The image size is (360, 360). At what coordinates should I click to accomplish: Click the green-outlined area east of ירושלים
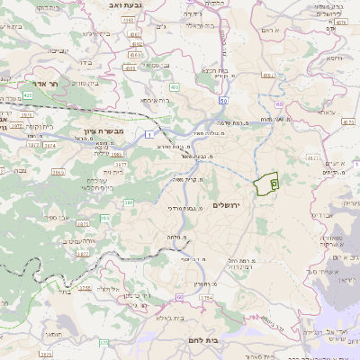266,184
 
